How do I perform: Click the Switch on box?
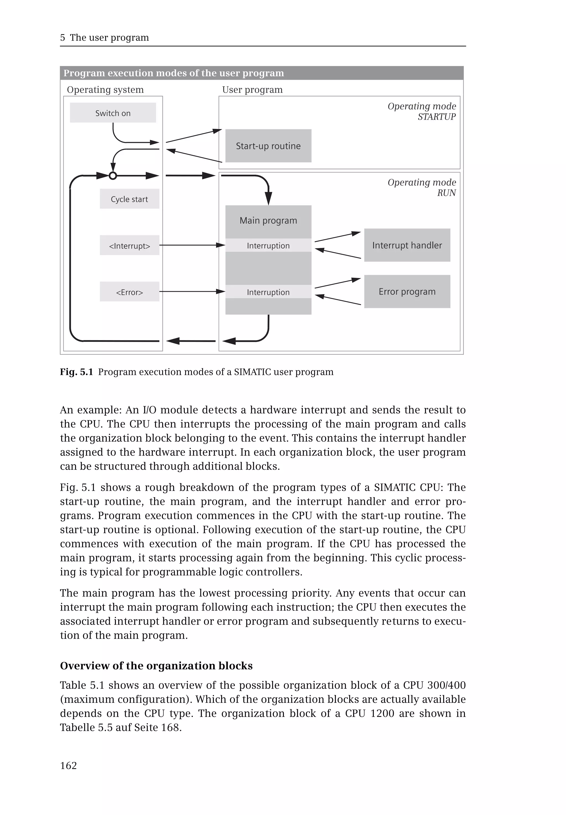click(113, 113)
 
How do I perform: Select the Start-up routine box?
click(268, 146)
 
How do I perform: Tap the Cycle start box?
click(129, 199)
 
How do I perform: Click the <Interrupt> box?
click(129, 245)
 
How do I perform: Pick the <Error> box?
click(129, 292)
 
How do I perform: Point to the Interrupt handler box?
click(407, 245)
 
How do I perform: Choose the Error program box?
click(407, 292)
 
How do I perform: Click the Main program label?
click(268, 220)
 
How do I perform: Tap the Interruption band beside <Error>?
click(268, 292)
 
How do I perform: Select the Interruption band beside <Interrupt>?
click(268, 245)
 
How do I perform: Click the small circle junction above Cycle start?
click(113, 175)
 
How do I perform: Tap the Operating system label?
click(105, 90)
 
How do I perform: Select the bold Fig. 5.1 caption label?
click(76, 372)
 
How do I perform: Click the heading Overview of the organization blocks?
click(156, 666)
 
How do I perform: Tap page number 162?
click(69, 765)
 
